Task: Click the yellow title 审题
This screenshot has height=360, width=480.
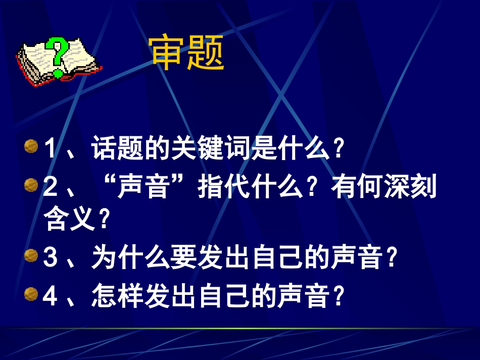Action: click(x=187, y=53)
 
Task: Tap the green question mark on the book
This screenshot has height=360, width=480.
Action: click(x=58, y=56)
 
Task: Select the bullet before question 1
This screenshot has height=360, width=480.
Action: click(x=31, y=147)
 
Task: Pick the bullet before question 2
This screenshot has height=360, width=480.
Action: click(x=31, y=185)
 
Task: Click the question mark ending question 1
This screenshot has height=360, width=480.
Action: click(x=339, y=149)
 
